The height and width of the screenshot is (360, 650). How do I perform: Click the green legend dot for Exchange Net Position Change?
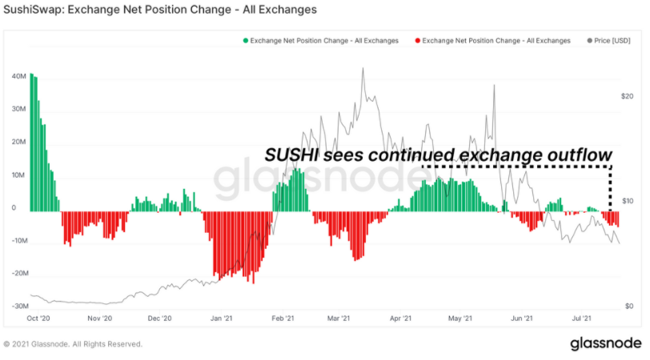coord(246,41)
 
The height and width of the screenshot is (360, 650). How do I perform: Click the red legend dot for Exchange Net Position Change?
coord(417,41)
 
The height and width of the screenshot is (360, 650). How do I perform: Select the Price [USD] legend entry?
coord(608,41)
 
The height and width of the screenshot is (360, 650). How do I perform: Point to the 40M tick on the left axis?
coord(19,76)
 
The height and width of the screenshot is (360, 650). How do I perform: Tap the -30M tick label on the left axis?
coord(20,306)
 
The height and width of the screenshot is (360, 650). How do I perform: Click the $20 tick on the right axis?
coord(628,96)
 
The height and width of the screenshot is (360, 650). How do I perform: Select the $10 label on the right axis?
coord(628,201)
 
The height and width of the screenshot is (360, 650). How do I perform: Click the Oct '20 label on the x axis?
coord(38,318)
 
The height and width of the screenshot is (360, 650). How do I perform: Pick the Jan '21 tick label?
coord(222,318)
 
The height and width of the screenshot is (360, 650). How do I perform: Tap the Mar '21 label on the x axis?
coord(339,318)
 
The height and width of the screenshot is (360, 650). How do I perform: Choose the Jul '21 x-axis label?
coord(582,318)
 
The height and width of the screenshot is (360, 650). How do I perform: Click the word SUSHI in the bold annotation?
coord(291,155)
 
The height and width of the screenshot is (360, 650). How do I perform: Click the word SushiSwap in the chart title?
coord(33,10)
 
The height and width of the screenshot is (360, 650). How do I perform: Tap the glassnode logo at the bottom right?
coord(606,343)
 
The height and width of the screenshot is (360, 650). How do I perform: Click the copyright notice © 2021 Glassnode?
coord(73,344)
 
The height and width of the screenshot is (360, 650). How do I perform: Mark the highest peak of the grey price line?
coord(363,68)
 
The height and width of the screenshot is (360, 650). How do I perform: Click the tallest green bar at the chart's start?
coord(31,142)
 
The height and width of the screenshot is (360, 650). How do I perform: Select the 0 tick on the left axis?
coord(14,208)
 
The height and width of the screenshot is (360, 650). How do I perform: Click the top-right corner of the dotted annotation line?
coord(610,167)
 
